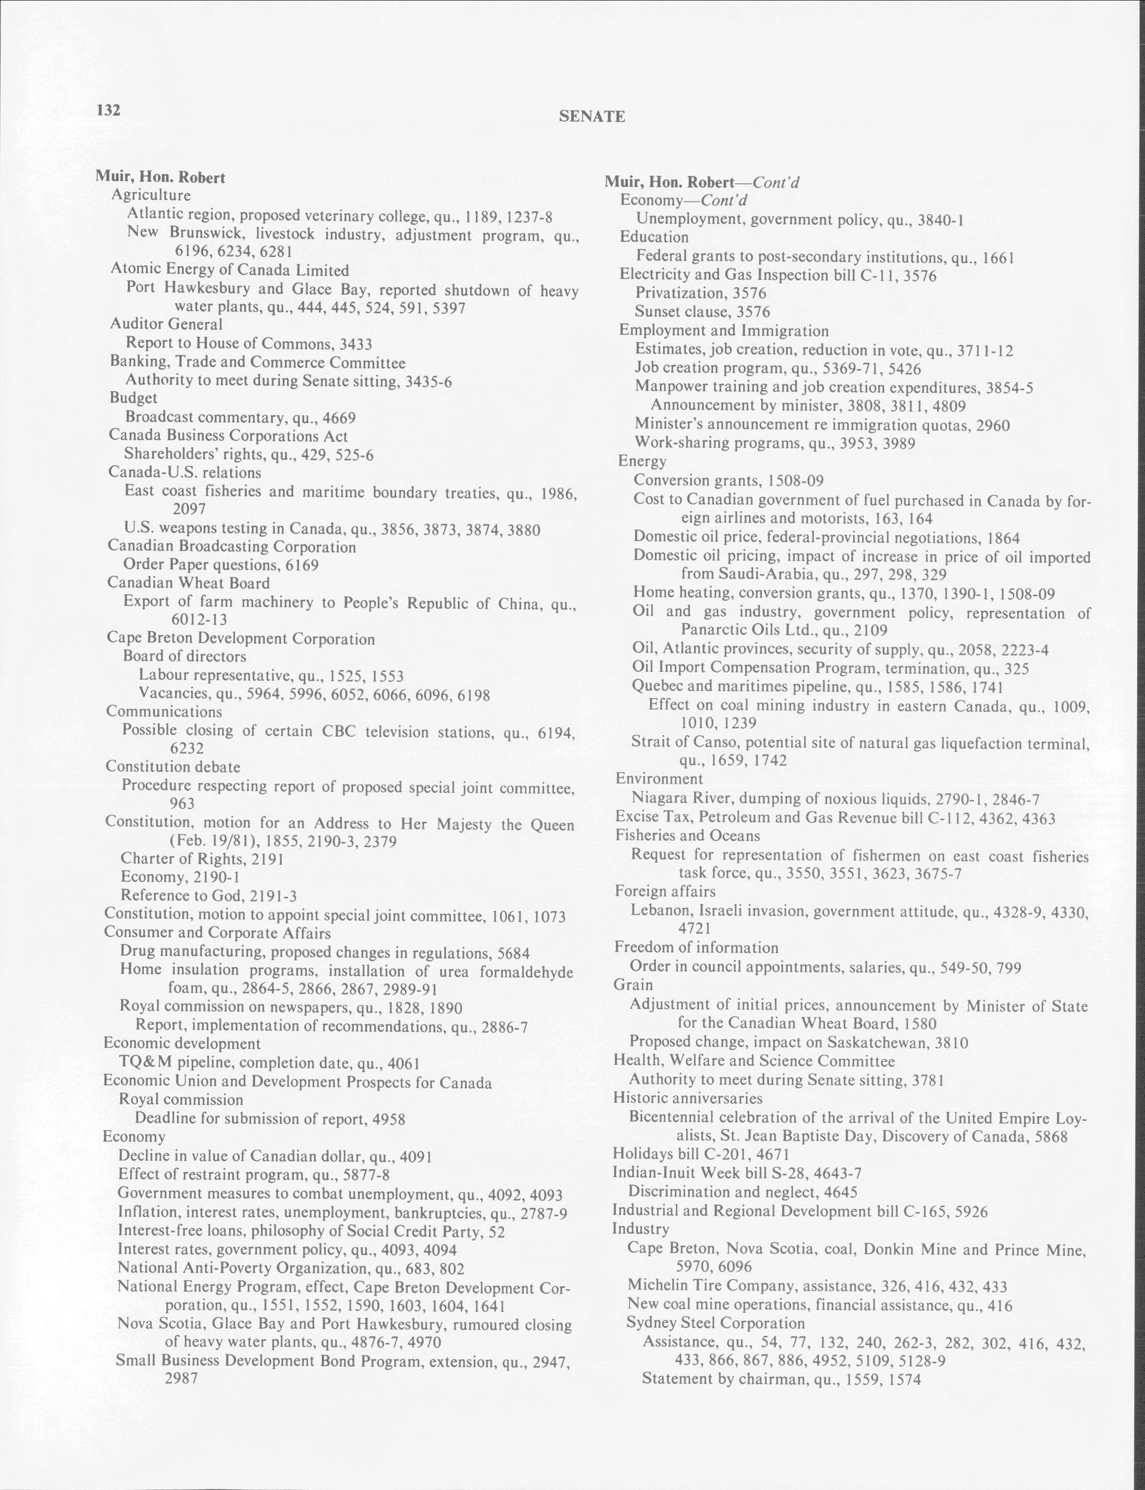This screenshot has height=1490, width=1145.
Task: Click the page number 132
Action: coord(108,110)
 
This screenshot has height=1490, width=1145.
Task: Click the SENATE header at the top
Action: coord(592,117)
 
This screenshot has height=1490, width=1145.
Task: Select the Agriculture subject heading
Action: coord(151,196)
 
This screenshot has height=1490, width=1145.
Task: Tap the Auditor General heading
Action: coord(166,324)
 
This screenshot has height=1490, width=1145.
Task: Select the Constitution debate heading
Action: coord(173,766)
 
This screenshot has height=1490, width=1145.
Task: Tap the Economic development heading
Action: coord(181,1044)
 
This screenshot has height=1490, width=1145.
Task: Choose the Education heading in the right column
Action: coord(653,237)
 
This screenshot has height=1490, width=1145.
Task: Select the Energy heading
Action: coord(641,461)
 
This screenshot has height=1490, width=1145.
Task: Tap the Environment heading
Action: coord(658,779)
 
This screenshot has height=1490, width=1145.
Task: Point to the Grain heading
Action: coord(633,984)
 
